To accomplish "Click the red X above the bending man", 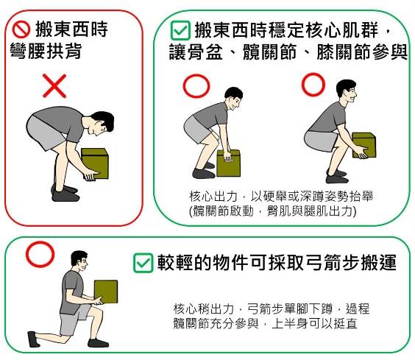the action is (54, 86).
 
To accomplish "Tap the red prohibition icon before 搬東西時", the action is (21, 29).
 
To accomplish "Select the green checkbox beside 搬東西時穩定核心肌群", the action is (180, 30).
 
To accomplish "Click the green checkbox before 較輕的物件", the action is (143, 263).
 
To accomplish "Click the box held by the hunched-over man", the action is (95, 163).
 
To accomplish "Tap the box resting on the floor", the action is (228, 163).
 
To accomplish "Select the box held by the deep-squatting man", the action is (364, 144).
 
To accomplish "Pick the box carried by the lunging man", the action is (106, 292).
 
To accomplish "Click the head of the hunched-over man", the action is (102, 123).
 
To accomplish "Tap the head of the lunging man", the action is (79, 261).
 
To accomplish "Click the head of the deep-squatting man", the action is (347, 91).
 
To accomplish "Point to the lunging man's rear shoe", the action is (34, 339).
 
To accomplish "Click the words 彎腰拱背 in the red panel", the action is (46, 52).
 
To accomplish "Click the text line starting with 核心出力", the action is (281, 197).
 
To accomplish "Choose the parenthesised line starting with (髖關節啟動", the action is (272, 211).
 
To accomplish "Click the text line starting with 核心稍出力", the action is (272, 309).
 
